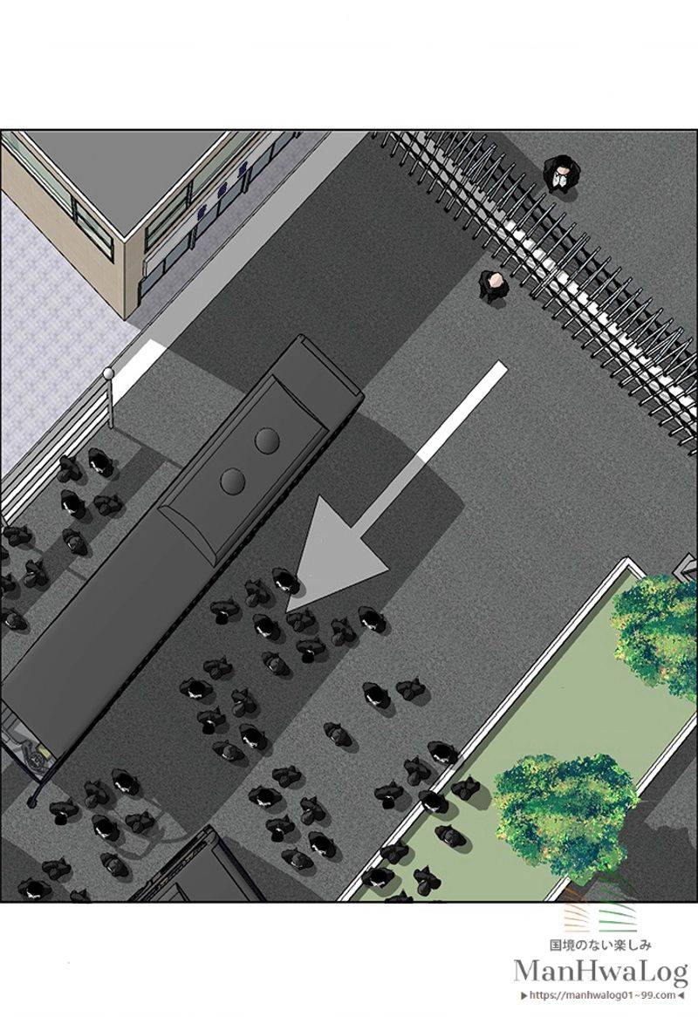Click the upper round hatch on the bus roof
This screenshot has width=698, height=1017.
[x=267, y=441]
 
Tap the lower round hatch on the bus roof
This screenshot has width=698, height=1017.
[x=233, y=481]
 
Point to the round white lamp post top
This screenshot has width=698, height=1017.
[x=107, y=373]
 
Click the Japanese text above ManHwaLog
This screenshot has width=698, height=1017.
[x=600, y=945]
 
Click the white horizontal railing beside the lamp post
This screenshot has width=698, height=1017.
[x=55, y=447]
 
